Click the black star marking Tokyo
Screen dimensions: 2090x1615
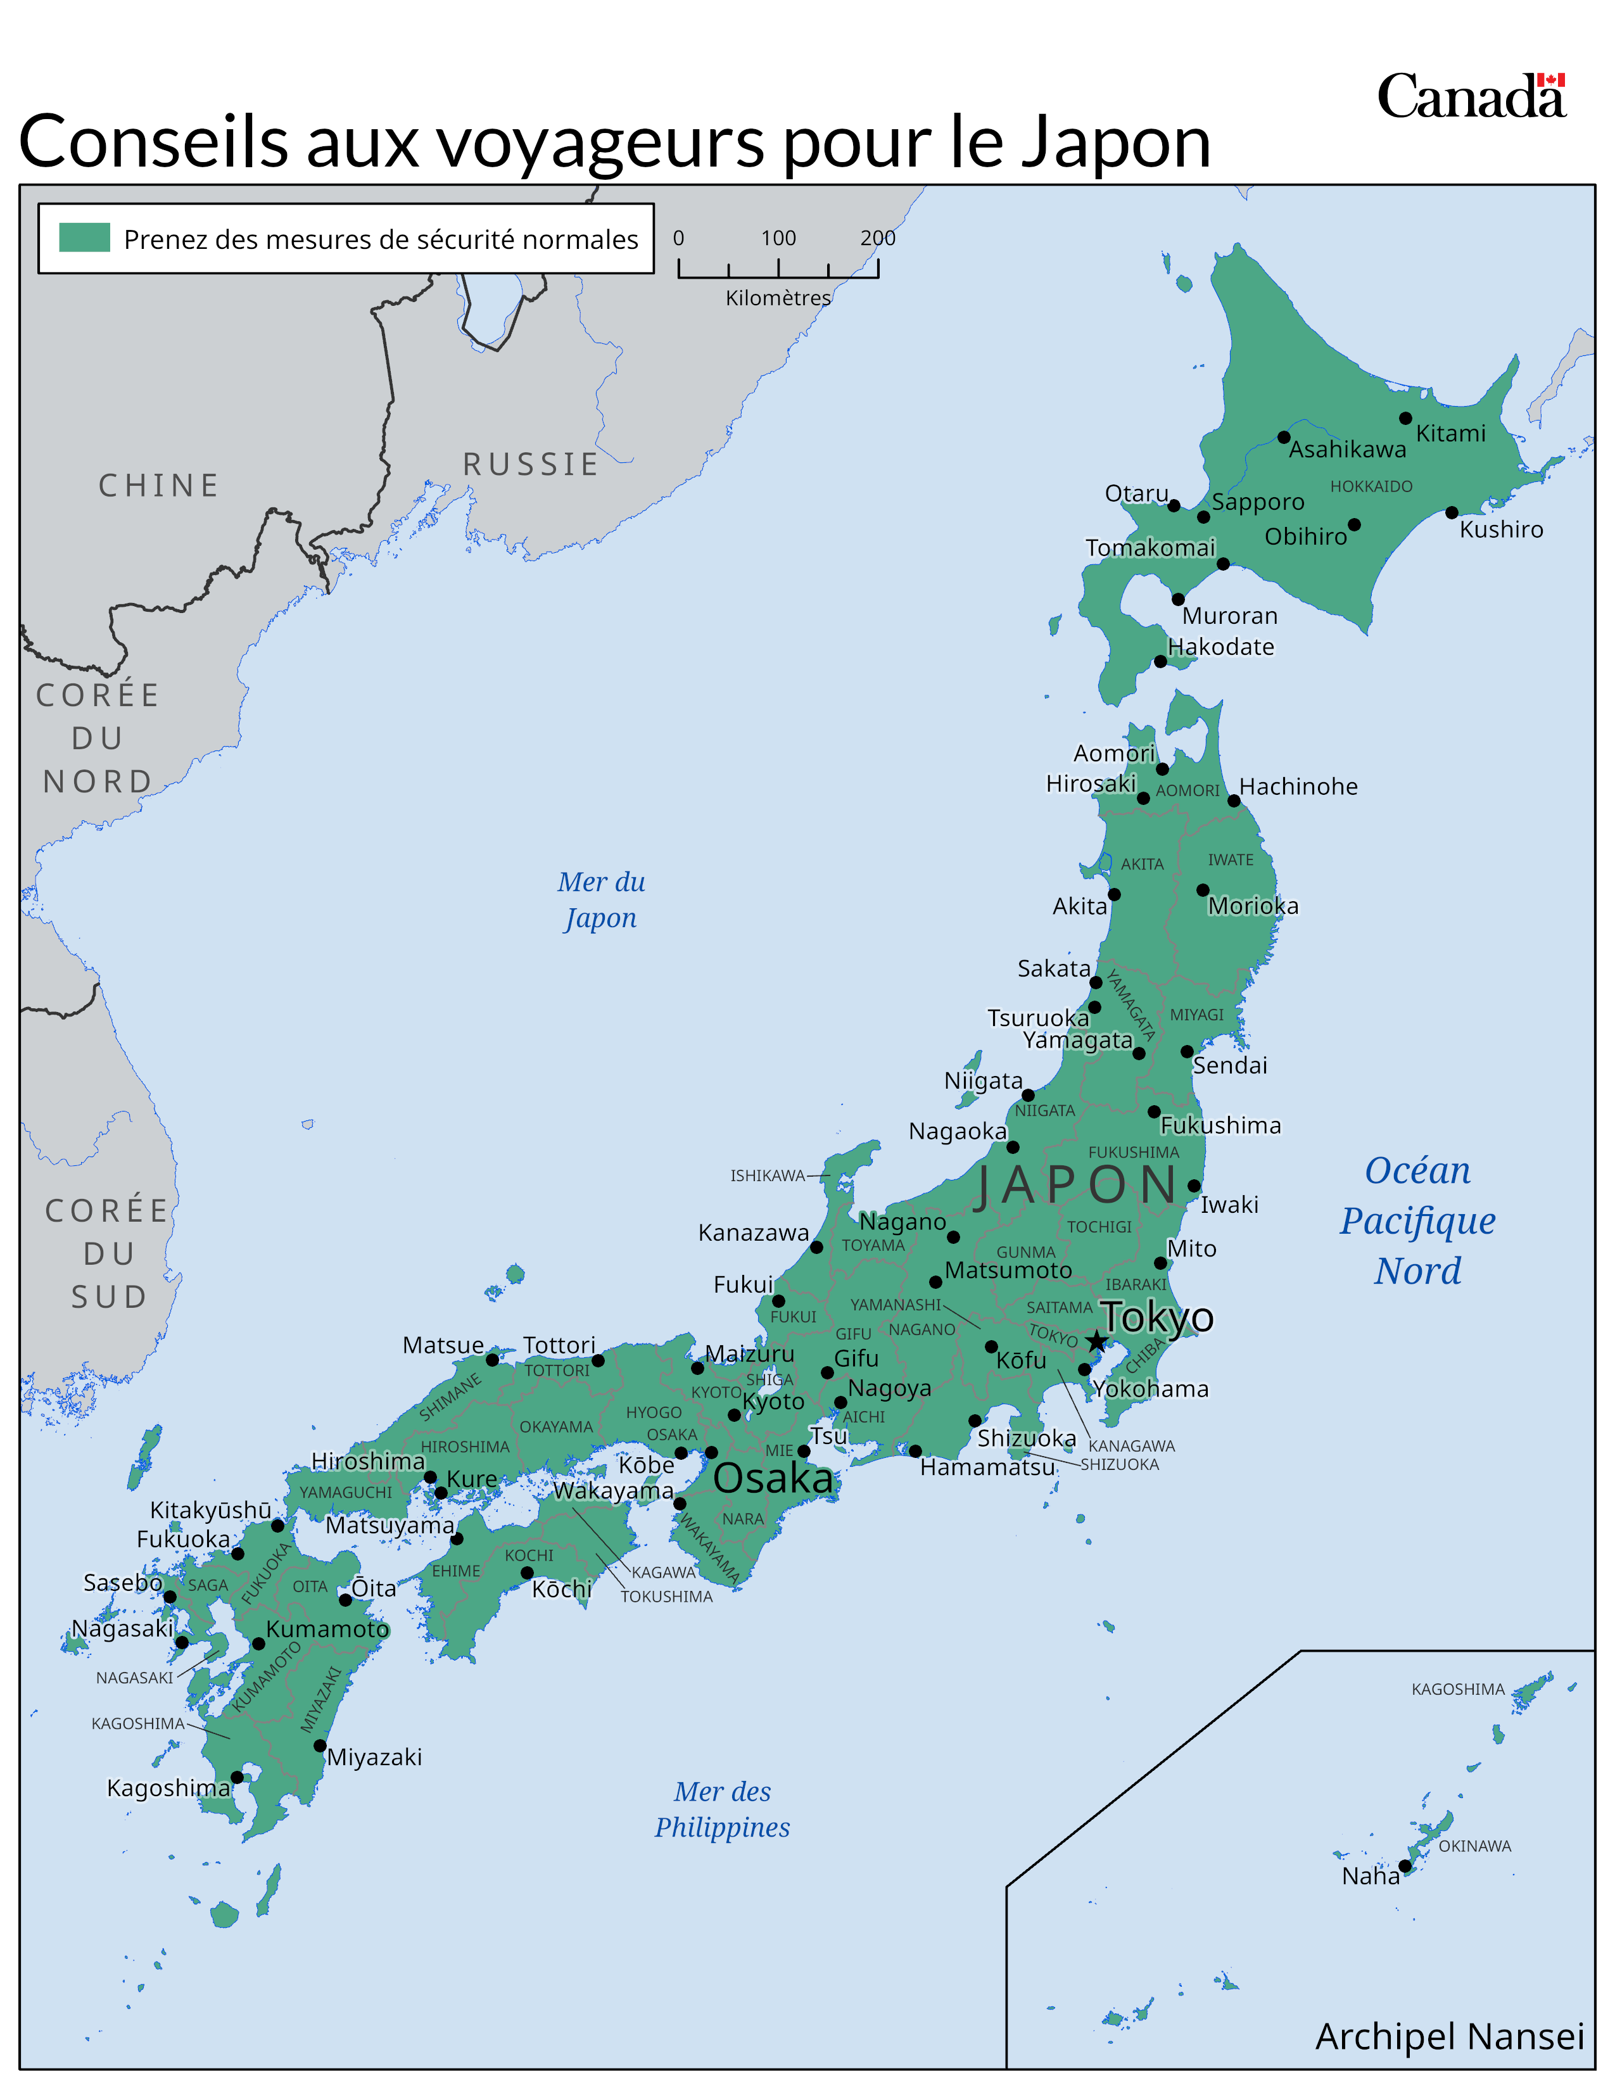coord(1096,1341)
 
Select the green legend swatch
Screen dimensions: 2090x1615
coord(84,237)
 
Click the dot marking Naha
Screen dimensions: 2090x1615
coord(1405,1866)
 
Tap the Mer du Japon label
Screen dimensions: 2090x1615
coord(601,899)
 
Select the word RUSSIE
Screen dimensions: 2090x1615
coord(531,464)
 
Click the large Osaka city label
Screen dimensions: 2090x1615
coord(773,1478)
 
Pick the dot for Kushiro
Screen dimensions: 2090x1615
coord(1452,513)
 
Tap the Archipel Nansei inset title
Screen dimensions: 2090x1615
coord(1450,2036)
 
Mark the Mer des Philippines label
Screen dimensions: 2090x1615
coord(723,1809)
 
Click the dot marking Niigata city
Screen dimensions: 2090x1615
coord(1027,1095)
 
